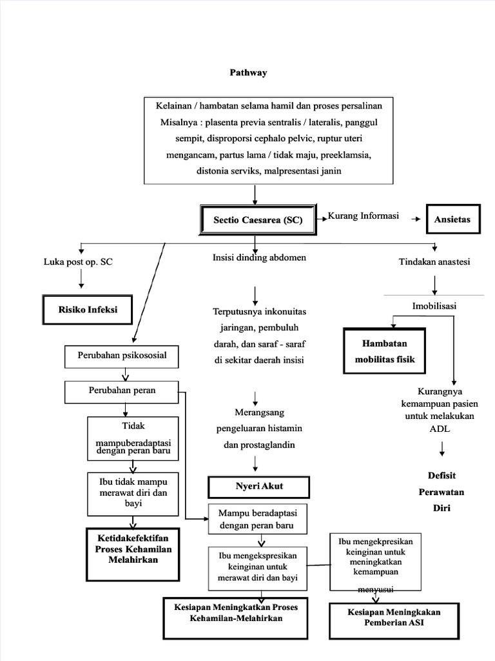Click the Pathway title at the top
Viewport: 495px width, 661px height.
point(249,73)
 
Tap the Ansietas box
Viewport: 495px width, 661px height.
point(452,219)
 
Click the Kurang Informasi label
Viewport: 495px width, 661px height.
point(364,216)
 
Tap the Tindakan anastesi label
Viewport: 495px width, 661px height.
point(434,261)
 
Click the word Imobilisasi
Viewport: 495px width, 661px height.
point(434,306)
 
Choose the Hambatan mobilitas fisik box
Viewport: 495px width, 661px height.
point(385,351)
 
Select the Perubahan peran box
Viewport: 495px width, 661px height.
point(121,391)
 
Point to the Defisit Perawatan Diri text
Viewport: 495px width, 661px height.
point(442,492)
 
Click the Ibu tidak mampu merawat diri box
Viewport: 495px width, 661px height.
point(133,492)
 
